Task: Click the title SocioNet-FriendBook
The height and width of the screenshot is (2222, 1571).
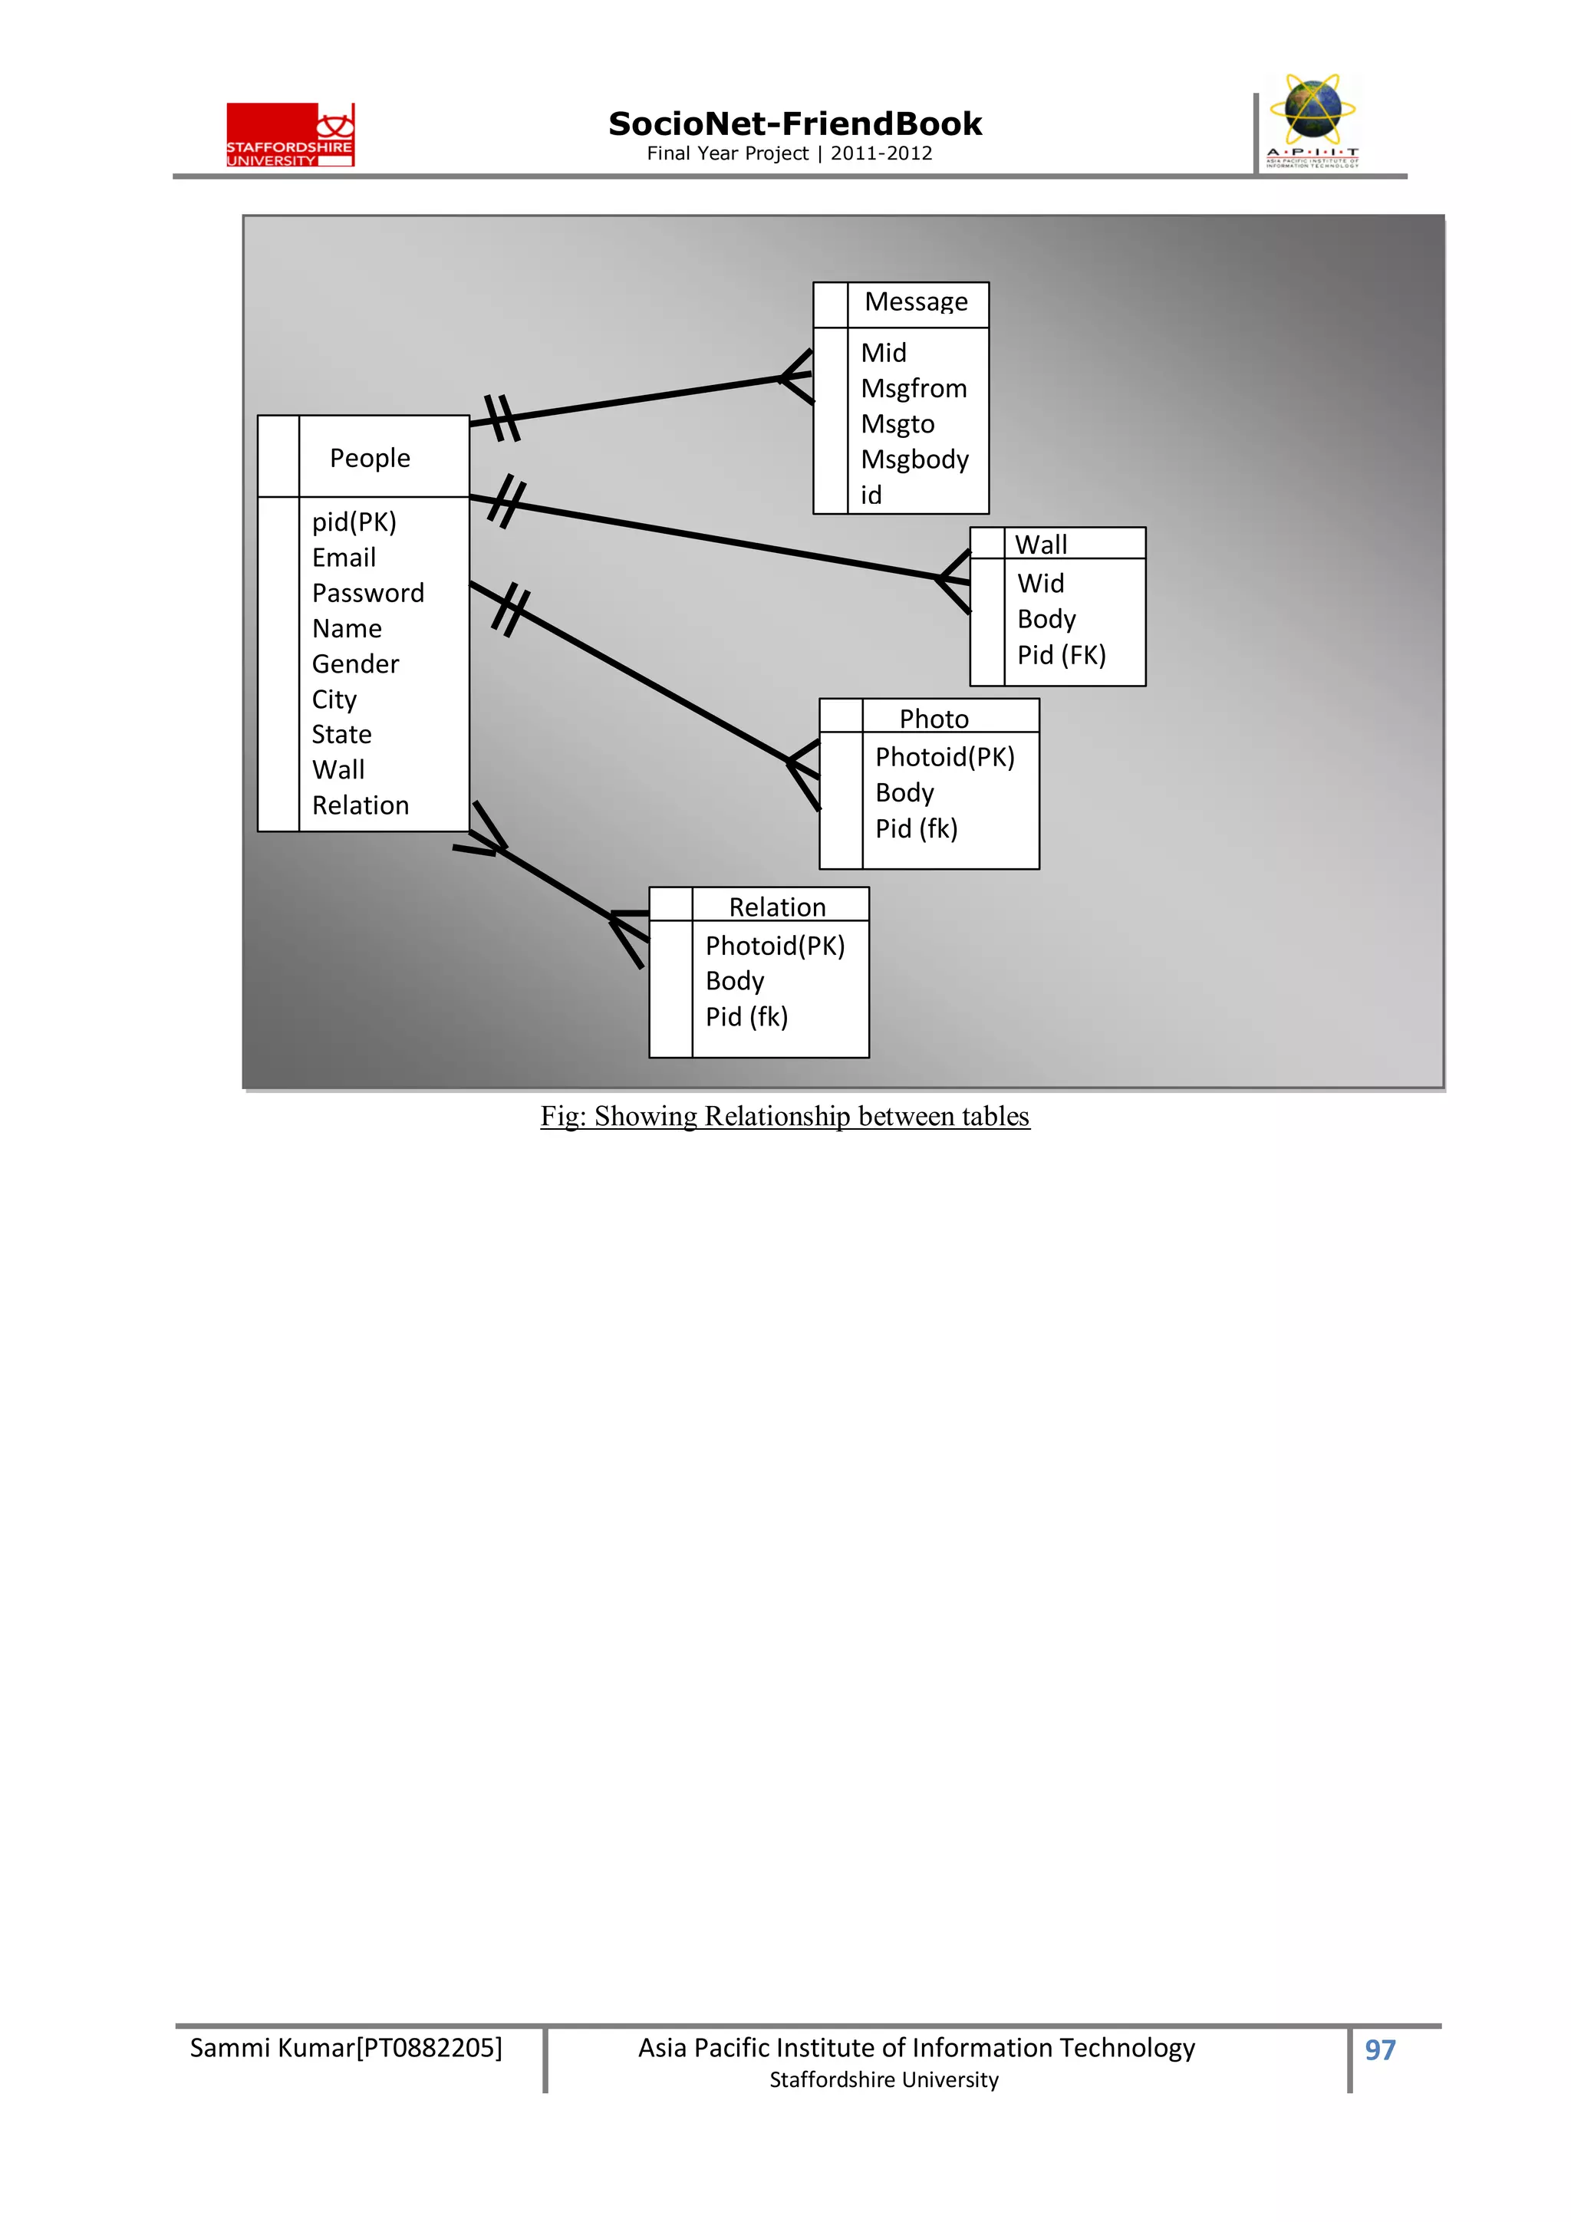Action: [x=795, y=124]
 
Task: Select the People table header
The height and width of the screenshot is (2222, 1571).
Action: [x=370, y=458]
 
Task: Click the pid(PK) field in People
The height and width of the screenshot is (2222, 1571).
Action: [x=354, y=522]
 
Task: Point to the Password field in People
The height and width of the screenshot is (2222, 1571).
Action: [x=368, y=593]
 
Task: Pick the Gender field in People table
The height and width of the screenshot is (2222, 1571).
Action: [x=355, y=664]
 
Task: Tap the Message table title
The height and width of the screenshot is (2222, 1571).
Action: [x=916, y=302]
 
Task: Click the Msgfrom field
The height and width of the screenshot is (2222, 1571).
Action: [x=914, y=389]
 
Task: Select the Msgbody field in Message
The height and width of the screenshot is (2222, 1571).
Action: [x=914, y=459]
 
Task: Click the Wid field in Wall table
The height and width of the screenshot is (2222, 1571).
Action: [x=1041, y=584]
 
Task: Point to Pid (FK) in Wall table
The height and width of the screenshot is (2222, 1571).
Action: [x=1061, y=655]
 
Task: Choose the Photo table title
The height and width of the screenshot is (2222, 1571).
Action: [x=933, y=719]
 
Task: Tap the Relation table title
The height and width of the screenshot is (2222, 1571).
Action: [x=777, y=908]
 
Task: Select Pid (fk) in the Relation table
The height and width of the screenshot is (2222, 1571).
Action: [x=746, y=1017]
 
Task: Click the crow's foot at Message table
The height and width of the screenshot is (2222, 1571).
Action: [x=798, y=377]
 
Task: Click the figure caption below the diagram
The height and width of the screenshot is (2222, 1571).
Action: [x=785, y=1117]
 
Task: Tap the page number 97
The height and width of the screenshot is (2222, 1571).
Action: [x=1379, y=2049]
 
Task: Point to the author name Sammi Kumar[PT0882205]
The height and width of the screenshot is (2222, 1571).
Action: [x=345, y=2048]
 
